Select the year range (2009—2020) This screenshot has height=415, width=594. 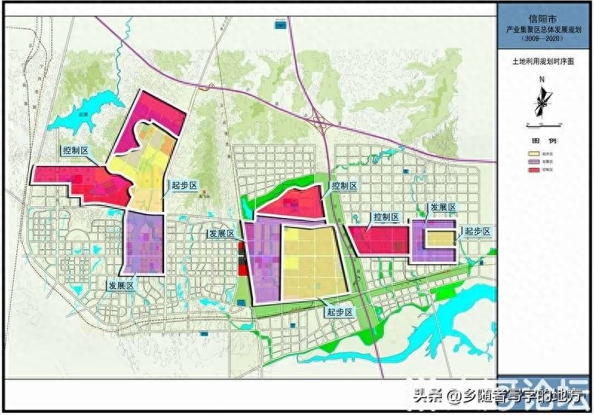[x=544, y=36]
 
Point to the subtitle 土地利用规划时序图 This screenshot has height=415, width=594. [x=544, y=63]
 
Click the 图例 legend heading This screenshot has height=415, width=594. [x=544, y=141]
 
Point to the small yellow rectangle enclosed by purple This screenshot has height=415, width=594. [x=439, y=238]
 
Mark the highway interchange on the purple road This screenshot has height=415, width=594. [x=321, y=122]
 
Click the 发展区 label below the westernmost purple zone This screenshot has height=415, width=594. [x=121, y=285]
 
